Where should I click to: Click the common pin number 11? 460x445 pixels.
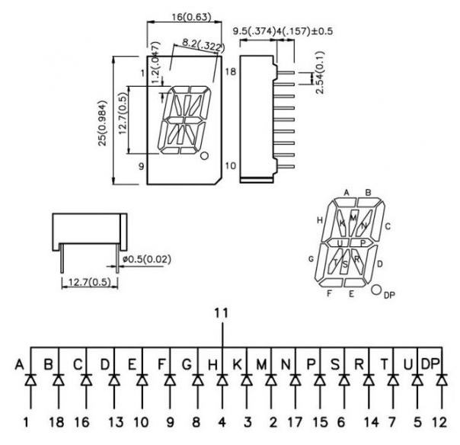(221, 313)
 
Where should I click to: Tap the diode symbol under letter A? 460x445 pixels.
(30, 379)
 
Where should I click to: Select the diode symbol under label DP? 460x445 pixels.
(442, 379)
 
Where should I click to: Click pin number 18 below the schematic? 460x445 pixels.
(56, 422)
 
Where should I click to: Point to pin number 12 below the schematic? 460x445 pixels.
(439, 422)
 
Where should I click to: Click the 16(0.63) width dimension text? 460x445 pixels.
(191, 17)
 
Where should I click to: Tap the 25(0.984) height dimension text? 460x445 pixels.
(103, 123)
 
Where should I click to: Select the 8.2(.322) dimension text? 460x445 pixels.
(203, 45)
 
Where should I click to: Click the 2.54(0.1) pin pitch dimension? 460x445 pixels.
(319, 72)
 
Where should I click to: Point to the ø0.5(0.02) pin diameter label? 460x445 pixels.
(147, 259)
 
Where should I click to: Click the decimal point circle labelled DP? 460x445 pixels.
(375, 290)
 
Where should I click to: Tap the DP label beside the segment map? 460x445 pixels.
(389, 295)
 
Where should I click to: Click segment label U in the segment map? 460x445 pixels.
(340, 243)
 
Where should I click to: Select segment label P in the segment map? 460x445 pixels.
(363, 243)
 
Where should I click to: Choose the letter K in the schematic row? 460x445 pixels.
(237, 364)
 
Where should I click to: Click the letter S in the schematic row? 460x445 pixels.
(335, 364)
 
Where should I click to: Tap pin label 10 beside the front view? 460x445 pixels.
(231, 166)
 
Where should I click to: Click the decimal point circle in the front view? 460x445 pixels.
(204, 155)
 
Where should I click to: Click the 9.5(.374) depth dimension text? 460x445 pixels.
(254, 30)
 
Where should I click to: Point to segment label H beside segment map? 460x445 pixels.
(320, 220)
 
